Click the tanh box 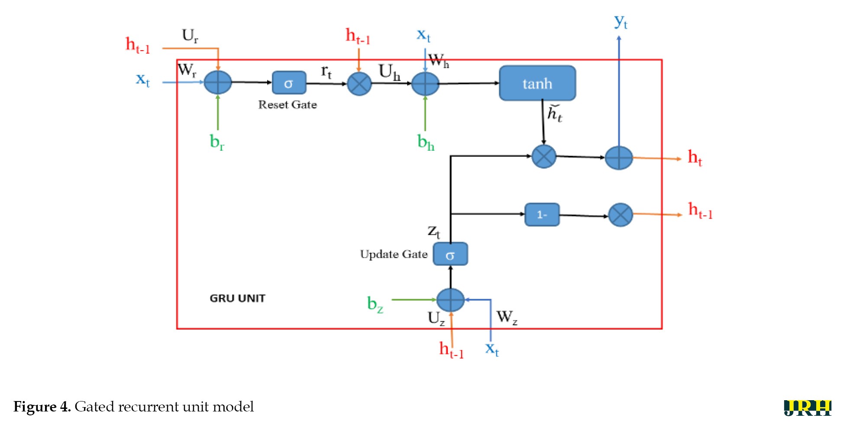(x=537, y=83)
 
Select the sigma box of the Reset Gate (x=289, y=83)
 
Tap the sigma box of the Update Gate (x=450, y=254)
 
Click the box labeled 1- (x=542, y=214)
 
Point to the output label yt (x=621, y=22)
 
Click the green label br (x=217, y=142)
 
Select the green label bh (x=425, y=142)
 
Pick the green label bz (x=375, y=304)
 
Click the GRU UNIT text (x=237, y=298)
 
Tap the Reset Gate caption (x=288, y=105)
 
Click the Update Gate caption (x=394, y=254)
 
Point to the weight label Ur (x=190, y=36)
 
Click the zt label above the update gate (x=434, y=231)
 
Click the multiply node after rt (x=359, y=84)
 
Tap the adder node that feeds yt (x=619, y=158)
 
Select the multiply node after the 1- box (x=621, y=215)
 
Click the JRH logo (x=808, y=408)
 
